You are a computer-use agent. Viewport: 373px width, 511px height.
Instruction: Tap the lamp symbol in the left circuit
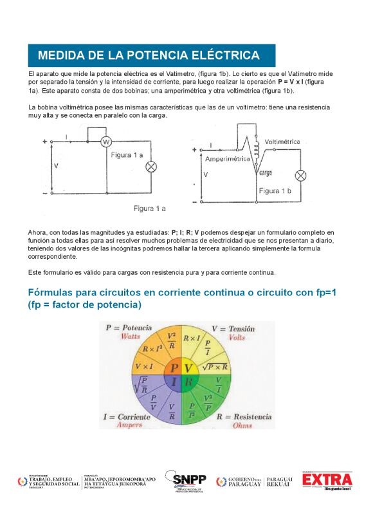[x=152, y=167]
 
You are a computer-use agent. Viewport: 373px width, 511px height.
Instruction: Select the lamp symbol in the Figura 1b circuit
[x=300, y=176]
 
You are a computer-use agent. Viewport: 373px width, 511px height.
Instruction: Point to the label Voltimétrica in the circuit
[x=282, y=141]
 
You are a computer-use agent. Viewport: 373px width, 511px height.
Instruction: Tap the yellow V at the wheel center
[x=188, y=369]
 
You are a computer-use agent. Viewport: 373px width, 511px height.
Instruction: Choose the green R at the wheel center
[x=188, y=382]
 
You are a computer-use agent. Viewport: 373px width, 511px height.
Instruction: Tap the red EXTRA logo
[x=327, y=480]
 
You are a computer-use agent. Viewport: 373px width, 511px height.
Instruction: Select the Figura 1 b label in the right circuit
[x=275, y=191]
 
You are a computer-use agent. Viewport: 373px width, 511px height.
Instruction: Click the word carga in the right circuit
[x=266, y=172]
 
